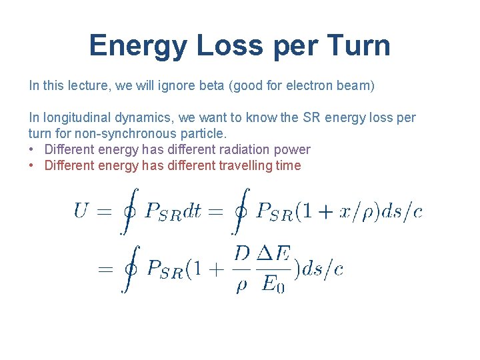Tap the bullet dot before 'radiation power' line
click(x=33, y=150)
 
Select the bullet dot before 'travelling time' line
click(x=33, y=166)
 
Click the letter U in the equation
click(x=81, y=211)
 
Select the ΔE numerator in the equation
click(x=273, y=255)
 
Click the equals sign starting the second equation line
click(x=105, y=269)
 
